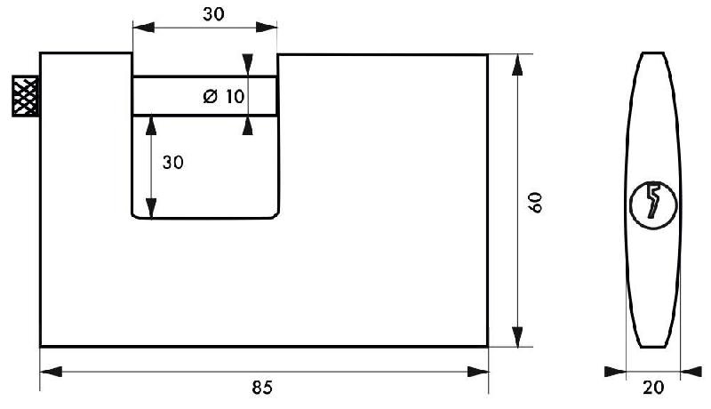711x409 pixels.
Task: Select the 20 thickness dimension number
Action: pos(653,387)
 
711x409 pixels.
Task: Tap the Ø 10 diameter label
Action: pos(222,97)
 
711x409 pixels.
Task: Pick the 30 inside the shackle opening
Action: pos(172,162)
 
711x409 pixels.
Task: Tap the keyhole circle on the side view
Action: pos(652,204)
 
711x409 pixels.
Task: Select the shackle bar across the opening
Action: pos(178,96)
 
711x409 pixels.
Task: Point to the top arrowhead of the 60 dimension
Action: pos(516,63)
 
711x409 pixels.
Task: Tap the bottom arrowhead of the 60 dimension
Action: pos(516,337)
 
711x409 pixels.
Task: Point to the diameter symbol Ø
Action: pos(210,97)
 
